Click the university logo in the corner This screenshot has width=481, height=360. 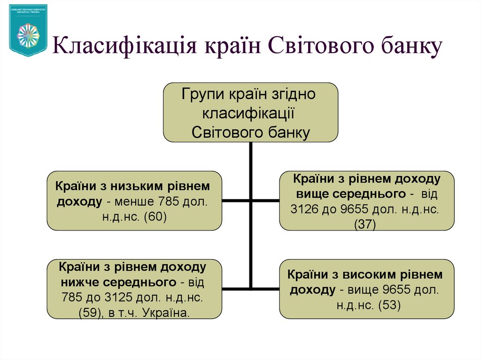coord(28,30)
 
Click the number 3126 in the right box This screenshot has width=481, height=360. coord(304,209)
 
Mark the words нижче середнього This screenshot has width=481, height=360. coord(118,283)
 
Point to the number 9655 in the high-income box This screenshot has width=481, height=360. coord(388,290)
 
